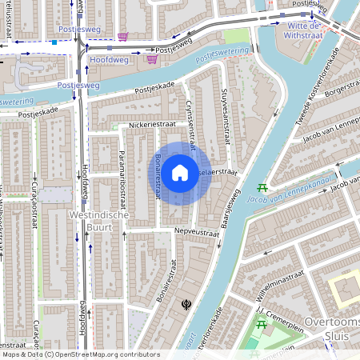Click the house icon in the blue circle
tap(181, 172)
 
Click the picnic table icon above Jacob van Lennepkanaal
tap(262, 188)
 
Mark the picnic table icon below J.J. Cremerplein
tap(260, 325)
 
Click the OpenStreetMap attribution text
tap(80, 354)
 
